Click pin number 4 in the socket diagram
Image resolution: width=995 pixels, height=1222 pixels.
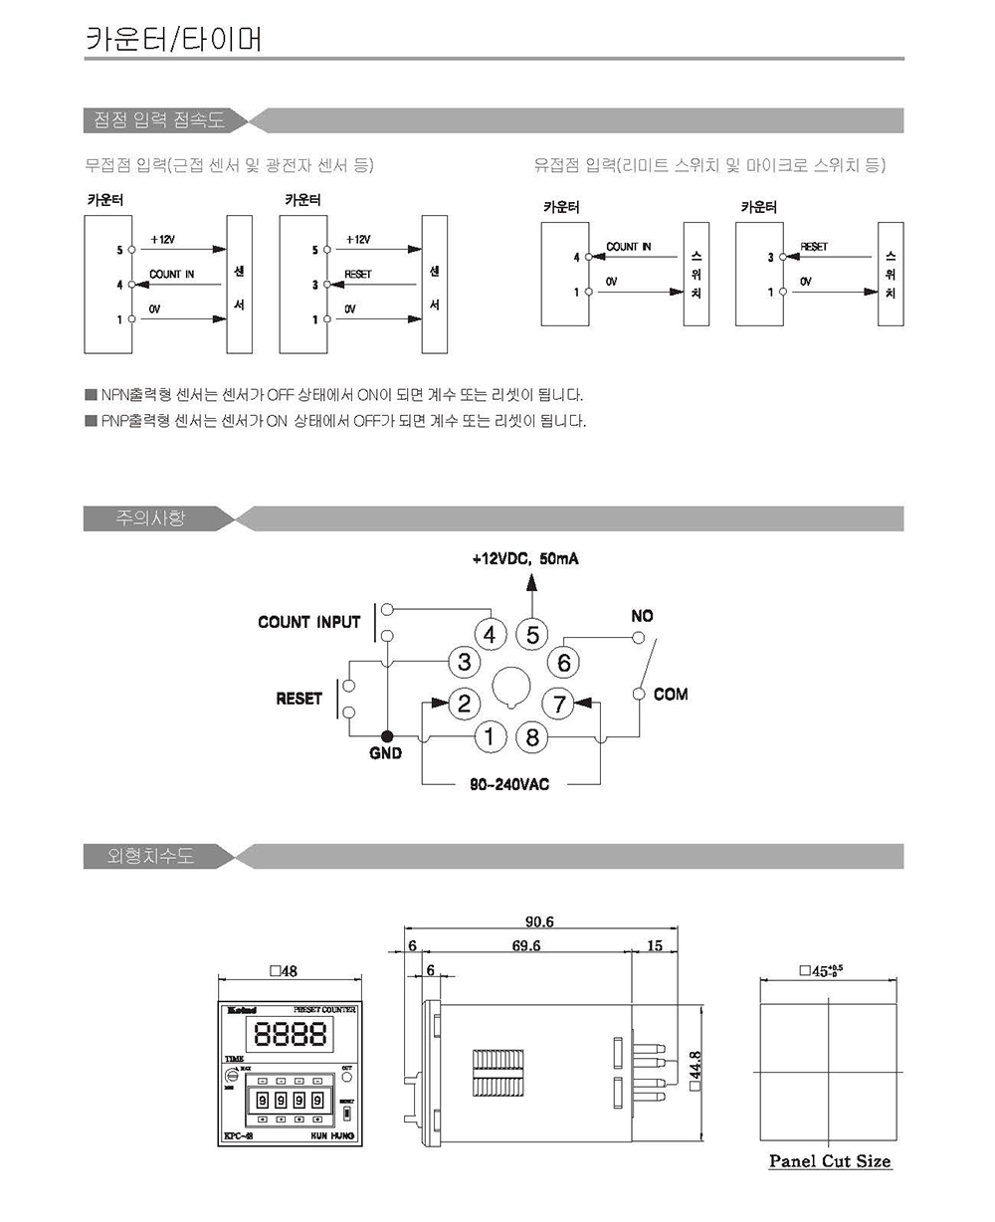(490, 635)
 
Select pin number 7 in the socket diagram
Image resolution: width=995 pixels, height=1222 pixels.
(559, 705)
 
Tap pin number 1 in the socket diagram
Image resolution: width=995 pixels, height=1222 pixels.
(490, 737)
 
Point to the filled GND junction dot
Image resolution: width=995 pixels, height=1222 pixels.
(386, 736)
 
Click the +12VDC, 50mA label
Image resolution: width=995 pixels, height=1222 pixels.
(525, 559)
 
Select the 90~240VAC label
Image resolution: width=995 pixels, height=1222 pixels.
(509, 784)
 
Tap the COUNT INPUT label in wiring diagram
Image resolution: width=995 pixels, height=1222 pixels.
(308, 622)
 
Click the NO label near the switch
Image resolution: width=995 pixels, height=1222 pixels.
(642, 617)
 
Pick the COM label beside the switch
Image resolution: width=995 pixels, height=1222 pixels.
(671, 694)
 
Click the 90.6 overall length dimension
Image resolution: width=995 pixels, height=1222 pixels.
(539, 922)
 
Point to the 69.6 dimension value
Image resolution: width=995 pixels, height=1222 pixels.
(526, 945)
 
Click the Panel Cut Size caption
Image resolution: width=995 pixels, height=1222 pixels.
(830, 1161)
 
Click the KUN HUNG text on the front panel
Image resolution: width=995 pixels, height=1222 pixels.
(332, 1135)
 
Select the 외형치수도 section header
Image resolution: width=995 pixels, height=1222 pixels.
(151, 856)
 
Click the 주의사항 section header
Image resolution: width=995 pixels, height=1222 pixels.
(151, 518)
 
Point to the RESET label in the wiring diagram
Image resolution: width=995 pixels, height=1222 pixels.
(298, 699)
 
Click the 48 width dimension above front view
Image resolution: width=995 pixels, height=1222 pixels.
(284, 971)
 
